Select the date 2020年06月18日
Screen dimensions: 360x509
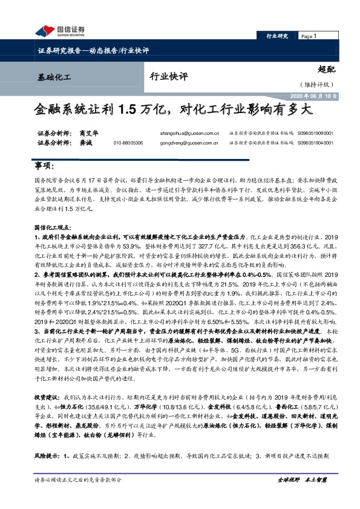315,96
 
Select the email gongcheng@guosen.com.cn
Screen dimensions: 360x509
194,143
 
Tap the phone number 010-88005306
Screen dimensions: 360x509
128,143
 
